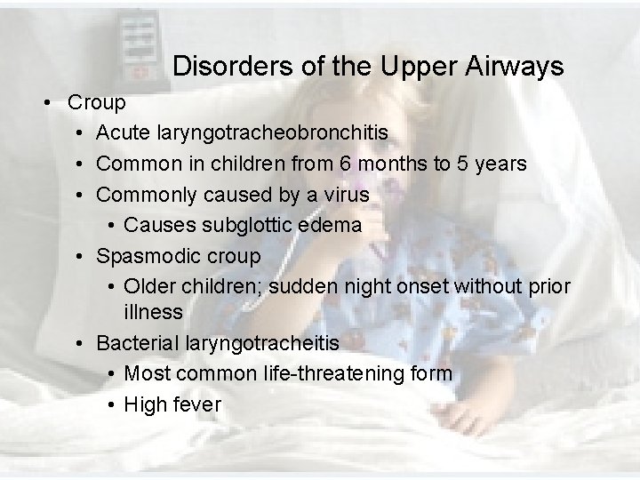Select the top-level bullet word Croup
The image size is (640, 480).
(97, 103)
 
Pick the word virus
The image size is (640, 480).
(346, 195)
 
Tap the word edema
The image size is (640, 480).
(332, 226)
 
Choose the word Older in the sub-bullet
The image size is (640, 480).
(150, 286)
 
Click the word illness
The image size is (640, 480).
(153, 313)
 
